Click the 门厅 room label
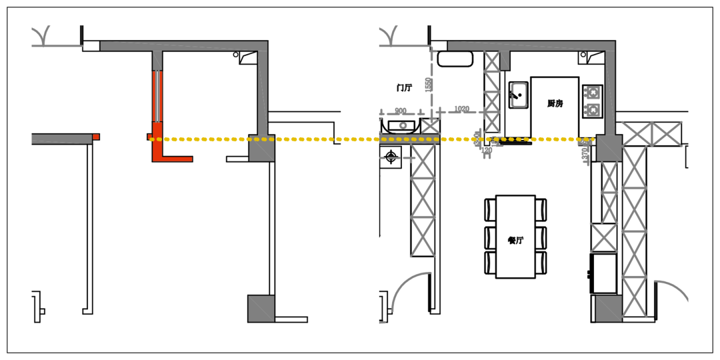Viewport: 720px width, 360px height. (403, 87)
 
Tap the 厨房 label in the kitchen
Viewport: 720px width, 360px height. (555, 103)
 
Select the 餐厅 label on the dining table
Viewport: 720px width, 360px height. (515, 240)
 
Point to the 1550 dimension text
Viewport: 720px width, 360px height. (429, 85)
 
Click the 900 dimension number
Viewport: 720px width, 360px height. (400, 111)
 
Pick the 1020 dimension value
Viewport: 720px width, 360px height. (461, 109)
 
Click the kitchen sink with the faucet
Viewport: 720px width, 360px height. (518, 95)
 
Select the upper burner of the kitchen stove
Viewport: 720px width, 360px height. (592, 92)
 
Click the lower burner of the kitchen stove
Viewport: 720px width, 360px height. (592, 109)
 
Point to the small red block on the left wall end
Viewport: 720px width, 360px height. (96, 137)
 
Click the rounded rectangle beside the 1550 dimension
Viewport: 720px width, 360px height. (455, 59)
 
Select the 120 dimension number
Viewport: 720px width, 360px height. (487, 151)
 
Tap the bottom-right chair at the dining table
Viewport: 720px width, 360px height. (541, 262)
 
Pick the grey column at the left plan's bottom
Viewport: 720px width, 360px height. (261, 309)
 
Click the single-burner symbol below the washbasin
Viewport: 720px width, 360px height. (391, 157)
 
